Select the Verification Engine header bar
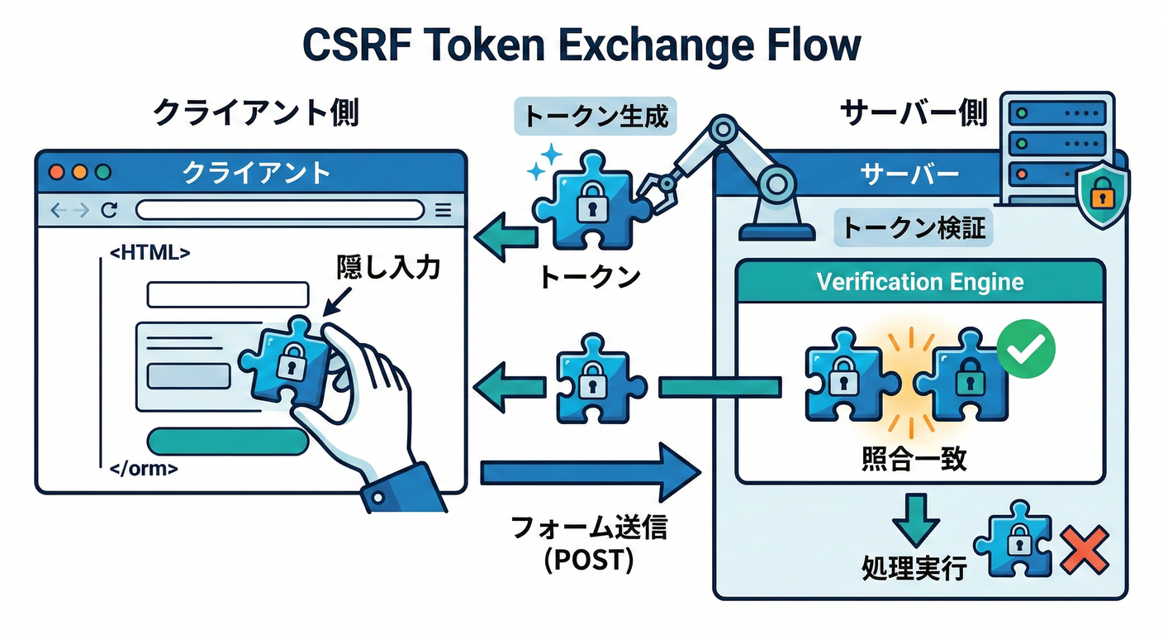tap(919, 282)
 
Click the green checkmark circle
tap(1026, 350)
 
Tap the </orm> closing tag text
tap(144, 469)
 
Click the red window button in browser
tap(57, 173)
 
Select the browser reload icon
tap(108, 210)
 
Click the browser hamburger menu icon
tap(443, 210)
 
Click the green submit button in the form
tap(228, 441)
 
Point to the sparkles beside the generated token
tap(542, 162)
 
